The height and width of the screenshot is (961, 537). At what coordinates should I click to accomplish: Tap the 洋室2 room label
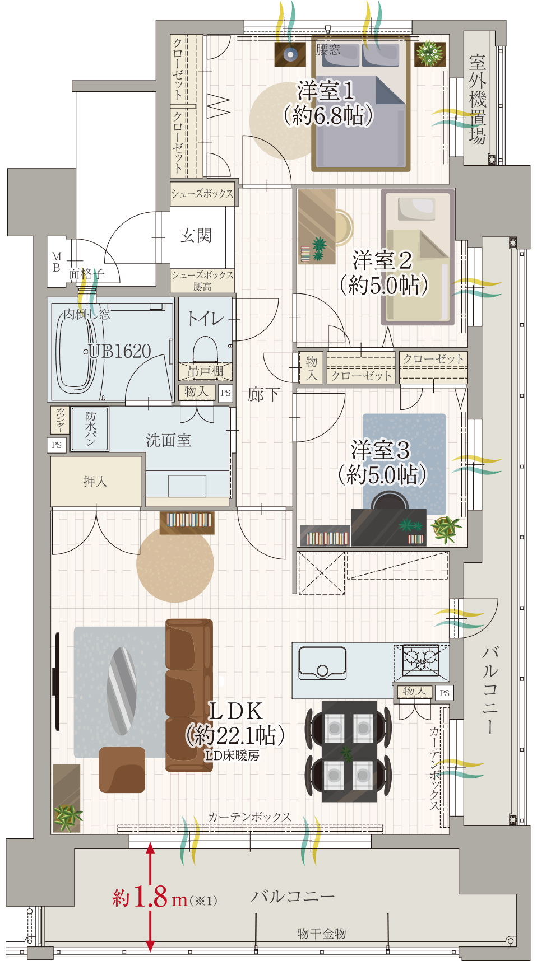(382, 260)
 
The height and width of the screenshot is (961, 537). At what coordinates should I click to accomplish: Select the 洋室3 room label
(381, 450)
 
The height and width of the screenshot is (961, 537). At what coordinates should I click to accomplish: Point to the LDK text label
(235, 711)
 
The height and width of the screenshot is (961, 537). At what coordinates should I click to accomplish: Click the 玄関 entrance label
(196, 235)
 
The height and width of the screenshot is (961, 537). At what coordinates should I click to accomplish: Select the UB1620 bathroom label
(120, 351)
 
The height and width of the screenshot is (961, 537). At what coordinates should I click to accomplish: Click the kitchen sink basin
(322, 663)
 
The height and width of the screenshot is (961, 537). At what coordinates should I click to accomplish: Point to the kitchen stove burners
(421, 659)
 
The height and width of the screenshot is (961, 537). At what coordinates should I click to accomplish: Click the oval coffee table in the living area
(122, 691)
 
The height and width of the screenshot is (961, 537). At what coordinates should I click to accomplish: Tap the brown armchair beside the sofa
(122, 769)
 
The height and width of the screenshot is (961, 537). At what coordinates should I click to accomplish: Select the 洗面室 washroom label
(169, 441)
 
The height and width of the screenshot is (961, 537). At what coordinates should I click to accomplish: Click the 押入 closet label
(95, 481)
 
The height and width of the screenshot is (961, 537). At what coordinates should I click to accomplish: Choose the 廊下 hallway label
(263, 395)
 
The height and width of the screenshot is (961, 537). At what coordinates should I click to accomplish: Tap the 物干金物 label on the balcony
(322, 933)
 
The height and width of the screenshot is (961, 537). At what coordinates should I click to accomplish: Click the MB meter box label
(56, 262)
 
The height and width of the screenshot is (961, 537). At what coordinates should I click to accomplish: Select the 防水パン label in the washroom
(90, 428)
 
